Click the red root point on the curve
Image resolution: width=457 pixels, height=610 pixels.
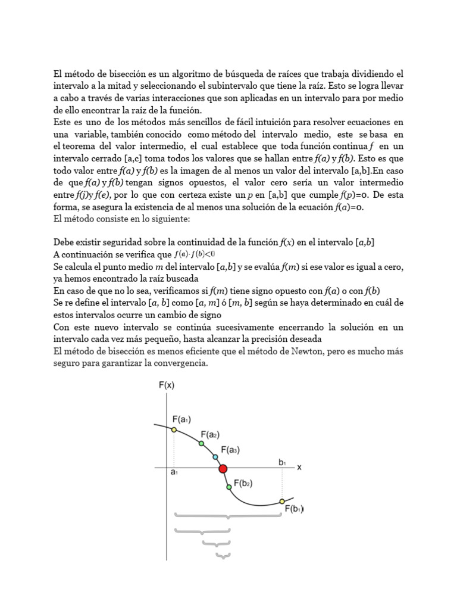click(223, 469)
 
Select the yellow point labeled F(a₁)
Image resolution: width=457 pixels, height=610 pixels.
click(174, 430)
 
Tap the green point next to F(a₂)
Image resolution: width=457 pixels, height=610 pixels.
click(201, 444)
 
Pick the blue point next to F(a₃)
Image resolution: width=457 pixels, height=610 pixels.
click(215, 457)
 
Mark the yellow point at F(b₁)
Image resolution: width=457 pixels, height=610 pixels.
click(282, 502)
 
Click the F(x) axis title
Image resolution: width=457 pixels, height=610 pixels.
click(166, 385)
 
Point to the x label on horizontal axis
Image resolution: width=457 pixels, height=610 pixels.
click(299, 468)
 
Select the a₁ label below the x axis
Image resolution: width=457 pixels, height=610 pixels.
click(174, 474)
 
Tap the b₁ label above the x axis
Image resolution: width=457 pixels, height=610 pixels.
click(282, 462)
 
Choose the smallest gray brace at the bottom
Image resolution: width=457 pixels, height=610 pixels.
click(223, 556)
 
